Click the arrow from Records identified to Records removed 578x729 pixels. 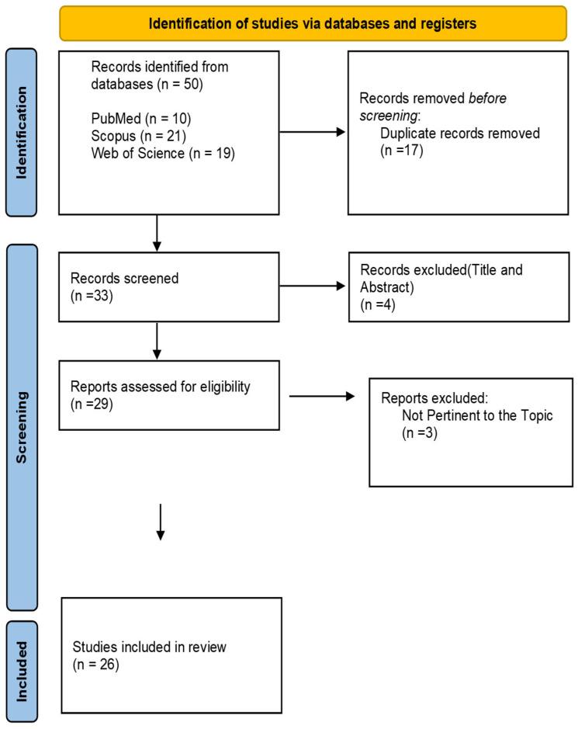click(310, 131)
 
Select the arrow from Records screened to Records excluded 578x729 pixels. click(310, 286)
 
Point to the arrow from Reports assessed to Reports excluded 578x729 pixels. click(322, 397)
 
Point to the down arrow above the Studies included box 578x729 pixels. click(160, 521)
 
